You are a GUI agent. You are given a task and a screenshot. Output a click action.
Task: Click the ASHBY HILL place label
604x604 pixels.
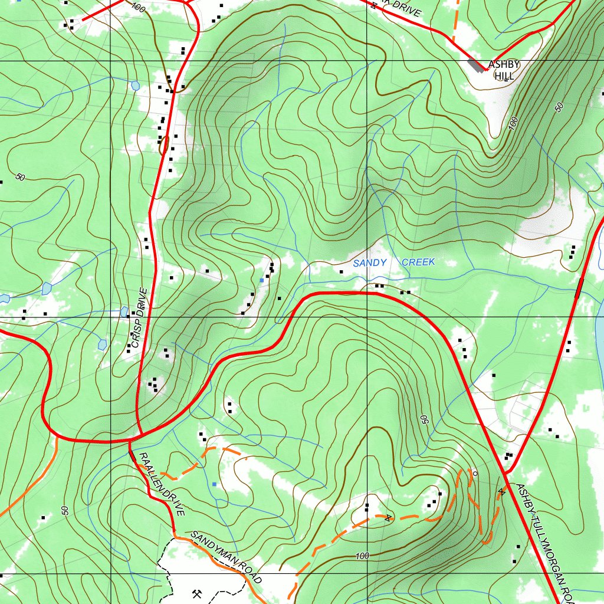pyautogui.click(x=504, y=70)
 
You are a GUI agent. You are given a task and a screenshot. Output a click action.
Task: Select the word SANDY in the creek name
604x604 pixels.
pyautogui.click(x=370, y=263)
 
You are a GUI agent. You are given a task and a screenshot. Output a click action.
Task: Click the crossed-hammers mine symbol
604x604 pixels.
pyautogui.click(x=197, y=593)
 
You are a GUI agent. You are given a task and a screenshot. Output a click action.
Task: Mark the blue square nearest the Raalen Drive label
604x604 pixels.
pyautogui.click(x=214, y=484)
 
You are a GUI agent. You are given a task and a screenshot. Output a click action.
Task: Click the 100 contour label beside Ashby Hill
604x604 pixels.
pyautogui.click(x=512, y=123)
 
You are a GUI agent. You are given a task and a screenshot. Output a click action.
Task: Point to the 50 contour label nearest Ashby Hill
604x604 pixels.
pyautogui.click(x=559, y=107)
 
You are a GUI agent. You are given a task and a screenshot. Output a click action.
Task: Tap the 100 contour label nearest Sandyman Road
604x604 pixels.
pyautogui.click(x=362, y=556)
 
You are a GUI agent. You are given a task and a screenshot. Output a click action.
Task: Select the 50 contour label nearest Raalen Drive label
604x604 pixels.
pyautogui.click(x=65, y=510)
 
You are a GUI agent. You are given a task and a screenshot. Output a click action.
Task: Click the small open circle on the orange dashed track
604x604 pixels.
pyautogui.click(x=475, y=473)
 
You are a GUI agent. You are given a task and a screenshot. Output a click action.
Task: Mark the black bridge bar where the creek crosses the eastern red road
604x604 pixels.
pyautogui.click(x=579, y=288)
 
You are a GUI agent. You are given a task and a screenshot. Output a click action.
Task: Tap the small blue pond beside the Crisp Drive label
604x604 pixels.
pyautogui.click(x=124, y=311)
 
